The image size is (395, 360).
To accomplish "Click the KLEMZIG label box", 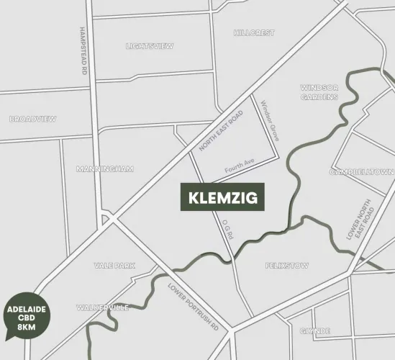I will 222,197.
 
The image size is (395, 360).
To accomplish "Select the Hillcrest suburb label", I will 254,33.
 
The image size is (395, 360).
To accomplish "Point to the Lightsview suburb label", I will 150,46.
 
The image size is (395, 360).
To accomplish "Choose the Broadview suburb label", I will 33,119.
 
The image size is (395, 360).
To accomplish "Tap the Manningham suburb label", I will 105,169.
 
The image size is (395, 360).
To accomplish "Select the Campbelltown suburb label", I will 362,173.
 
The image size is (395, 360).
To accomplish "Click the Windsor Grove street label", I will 269,120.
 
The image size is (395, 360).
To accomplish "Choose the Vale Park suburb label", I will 114,266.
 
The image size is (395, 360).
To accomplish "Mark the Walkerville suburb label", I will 103,307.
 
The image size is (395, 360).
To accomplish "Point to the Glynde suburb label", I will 314,330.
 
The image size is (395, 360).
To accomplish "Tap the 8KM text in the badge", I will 26,328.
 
